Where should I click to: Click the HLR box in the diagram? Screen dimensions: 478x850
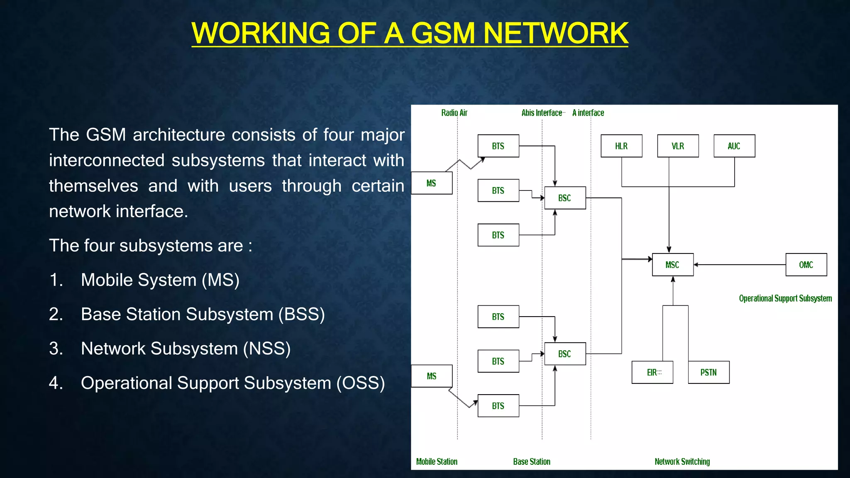pos(621,146)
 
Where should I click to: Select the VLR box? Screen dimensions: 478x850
pos(678,146)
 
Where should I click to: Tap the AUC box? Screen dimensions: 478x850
pos(734,146)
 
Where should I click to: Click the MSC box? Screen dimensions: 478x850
pos(672,265)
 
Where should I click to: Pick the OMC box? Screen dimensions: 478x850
pos(806,265)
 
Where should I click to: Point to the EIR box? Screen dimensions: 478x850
pos(652,372)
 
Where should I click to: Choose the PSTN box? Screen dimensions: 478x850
pos(708,372)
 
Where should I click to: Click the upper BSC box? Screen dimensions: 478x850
pos(565,198)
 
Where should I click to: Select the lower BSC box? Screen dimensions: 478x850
pos(565,354)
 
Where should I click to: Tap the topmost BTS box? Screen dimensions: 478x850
pos(498,146)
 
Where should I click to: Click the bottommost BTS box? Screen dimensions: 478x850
pos(498,406)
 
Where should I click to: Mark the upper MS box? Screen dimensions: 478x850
pos(431,183)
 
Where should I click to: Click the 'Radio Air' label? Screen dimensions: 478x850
pos(454,113)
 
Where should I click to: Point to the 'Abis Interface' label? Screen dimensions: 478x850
pos(542,113)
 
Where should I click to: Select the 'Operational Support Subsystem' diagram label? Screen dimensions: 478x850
pos(785,298)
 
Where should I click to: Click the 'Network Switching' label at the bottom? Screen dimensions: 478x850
pos(682,461)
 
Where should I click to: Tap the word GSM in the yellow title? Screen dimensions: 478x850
pos(443,33)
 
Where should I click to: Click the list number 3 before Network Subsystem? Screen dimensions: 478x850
pos(56,349)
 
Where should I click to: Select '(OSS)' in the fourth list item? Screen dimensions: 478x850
pos(360,383)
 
